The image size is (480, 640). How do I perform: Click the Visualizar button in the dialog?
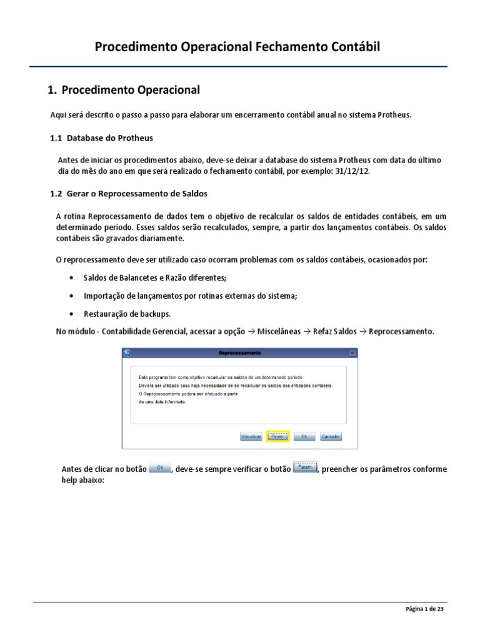tap(251, 437)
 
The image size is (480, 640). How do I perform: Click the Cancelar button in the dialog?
tap(331, 437)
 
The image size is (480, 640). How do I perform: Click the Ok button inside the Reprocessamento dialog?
tap(304, 437)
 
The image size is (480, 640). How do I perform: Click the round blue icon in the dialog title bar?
tap(127, 353)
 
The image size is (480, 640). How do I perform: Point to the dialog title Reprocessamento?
tap(240, 353)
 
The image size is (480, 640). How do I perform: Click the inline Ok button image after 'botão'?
tap(160, 467)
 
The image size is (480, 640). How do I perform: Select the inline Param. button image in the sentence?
tap(305, 467)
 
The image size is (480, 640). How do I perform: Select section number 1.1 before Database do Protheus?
tap(57, 137)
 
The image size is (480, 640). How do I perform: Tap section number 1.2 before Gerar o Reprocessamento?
tap(57, 193)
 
